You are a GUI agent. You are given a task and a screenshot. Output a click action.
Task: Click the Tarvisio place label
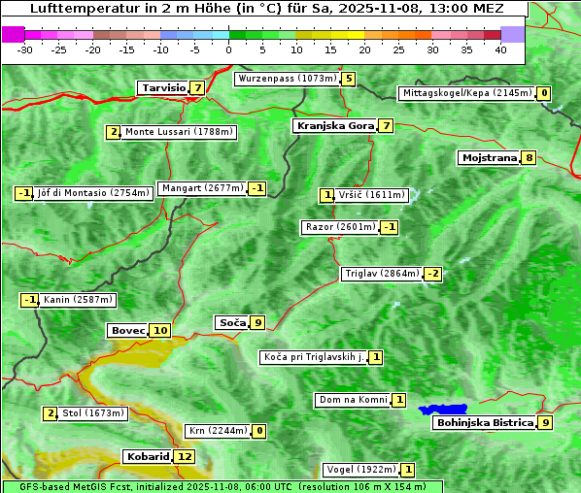(x=163, y=88)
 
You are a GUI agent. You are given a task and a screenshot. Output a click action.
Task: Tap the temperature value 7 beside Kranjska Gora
(x=386, y=126)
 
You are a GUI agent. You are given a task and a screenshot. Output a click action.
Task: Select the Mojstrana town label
(x=490, y=158)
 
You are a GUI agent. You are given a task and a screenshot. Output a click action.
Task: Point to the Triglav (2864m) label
(x=382, y=274)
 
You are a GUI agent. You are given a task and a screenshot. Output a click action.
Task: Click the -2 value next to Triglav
(x=433, y=274)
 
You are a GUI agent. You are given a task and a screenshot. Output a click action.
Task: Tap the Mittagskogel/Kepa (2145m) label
(x=466, y=93)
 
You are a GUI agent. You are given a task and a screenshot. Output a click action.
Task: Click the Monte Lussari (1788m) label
(x=179, y=132)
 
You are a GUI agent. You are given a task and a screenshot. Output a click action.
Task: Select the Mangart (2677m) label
(x=202, y=188)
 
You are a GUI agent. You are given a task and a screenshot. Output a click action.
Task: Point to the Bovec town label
(x=127, y=331)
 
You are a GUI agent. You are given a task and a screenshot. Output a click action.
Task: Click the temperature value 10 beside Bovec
(x=160, y=331)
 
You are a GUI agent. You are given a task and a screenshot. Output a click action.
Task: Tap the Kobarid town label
(x=147, y=457)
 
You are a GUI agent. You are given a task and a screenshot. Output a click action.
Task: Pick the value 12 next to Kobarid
(x=185, y=457)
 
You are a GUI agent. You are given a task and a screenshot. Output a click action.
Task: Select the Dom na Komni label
(x=353, y=400)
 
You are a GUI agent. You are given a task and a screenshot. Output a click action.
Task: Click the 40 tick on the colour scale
(x=500, y=49)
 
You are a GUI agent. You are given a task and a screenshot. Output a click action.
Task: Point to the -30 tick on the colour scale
(x=25, y=49)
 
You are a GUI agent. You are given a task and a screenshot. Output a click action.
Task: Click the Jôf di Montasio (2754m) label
(x=93, y=193)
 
